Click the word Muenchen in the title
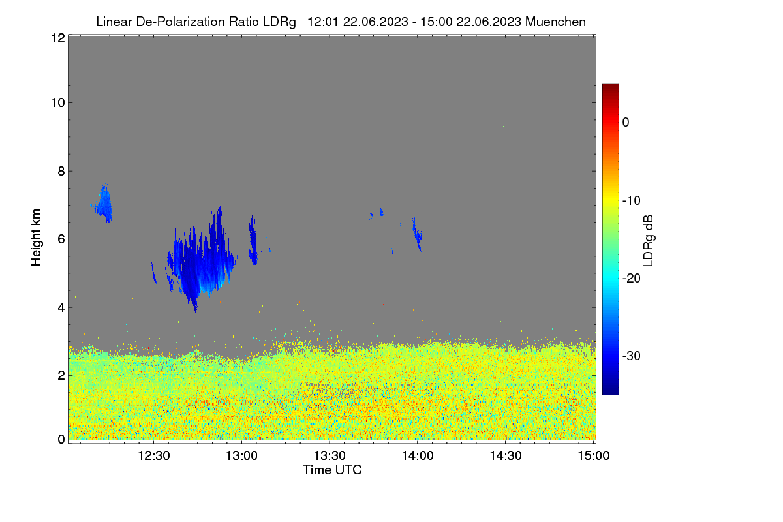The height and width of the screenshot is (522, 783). (555, 22)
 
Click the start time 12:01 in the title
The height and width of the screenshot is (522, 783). (322, 22)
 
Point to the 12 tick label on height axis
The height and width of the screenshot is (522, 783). (58, 38)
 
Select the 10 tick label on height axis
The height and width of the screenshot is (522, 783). (58, 103)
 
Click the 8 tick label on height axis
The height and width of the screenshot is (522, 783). (61, 171)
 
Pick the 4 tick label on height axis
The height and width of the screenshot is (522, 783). (61, 308)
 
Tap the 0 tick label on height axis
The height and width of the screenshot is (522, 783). (61, 440)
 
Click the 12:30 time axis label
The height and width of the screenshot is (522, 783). (154, 456)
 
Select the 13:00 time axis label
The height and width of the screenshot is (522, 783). (241, 456)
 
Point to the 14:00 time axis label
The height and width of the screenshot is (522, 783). (418, 456)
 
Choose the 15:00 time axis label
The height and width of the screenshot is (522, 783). (594, 456)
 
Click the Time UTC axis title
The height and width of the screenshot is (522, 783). (332, 470)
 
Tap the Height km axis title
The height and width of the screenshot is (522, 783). (36, 238)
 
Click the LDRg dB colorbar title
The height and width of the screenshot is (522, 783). (649, 241)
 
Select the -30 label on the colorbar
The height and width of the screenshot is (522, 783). (632, 356)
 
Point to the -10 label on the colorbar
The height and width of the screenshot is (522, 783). (632, 201)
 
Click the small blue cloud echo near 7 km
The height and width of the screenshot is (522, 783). (104, 204)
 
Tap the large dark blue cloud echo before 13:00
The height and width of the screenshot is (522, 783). (201, 259)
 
